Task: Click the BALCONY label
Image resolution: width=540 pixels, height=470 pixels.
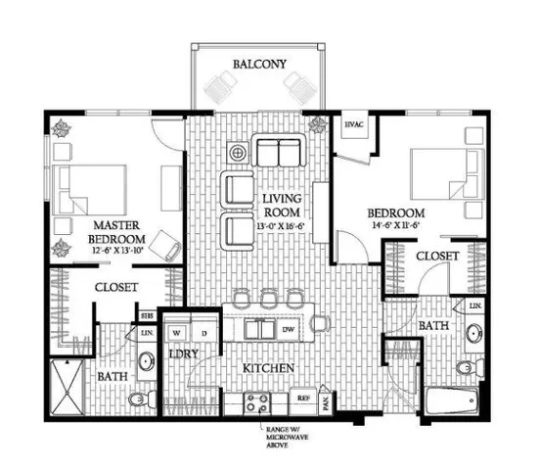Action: pyautogui.click(x=259, y=65)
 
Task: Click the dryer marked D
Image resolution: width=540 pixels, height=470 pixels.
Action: pyautogui.click(x=206, y=331)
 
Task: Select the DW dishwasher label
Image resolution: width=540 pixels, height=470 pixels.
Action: pyautogui.click(x=290, y=331)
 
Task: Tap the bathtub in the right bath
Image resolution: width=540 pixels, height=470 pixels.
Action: pyautogui.click(x=452, y=401)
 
